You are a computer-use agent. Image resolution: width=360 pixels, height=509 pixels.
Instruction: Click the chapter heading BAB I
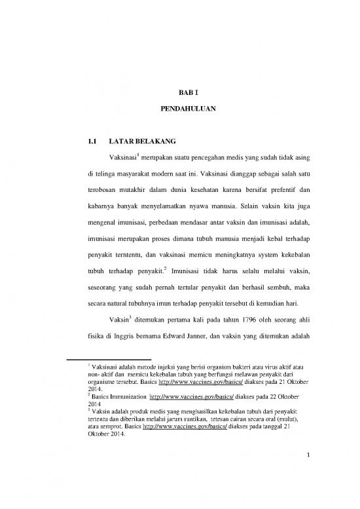click(179, 94)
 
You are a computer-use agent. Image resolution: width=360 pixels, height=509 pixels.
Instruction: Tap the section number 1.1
click(84, 141)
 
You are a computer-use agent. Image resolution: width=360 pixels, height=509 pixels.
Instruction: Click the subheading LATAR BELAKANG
click(137, 141)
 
